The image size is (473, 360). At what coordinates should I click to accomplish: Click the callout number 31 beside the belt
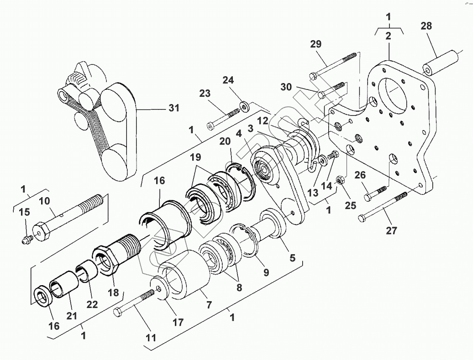tap(173, 108)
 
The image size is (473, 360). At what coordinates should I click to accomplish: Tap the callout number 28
tap(426, 26)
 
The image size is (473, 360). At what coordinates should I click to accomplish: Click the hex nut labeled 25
tap(340, 179)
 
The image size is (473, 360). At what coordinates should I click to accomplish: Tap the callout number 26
tap(360, 175)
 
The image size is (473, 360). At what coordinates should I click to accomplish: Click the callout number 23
tap(205, 94)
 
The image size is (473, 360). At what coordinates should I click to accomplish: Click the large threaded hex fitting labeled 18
tap(111, 260)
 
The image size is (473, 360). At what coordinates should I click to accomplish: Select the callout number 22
tap(92, 305)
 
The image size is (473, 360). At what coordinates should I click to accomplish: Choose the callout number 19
tap(195, 158)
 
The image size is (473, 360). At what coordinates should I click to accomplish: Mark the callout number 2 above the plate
tap(388, 37)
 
